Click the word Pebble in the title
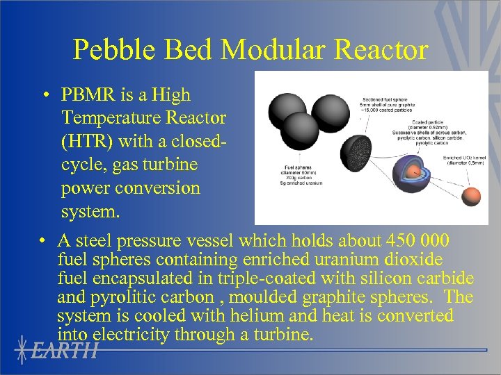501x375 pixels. (x=114, y=50)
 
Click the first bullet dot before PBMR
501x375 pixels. (x=44, y=95)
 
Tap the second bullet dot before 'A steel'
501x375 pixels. (x=44, y=242)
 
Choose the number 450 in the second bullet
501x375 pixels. (x=402, y=241)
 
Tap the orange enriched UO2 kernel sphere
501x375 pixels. (x=471, y=198)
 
